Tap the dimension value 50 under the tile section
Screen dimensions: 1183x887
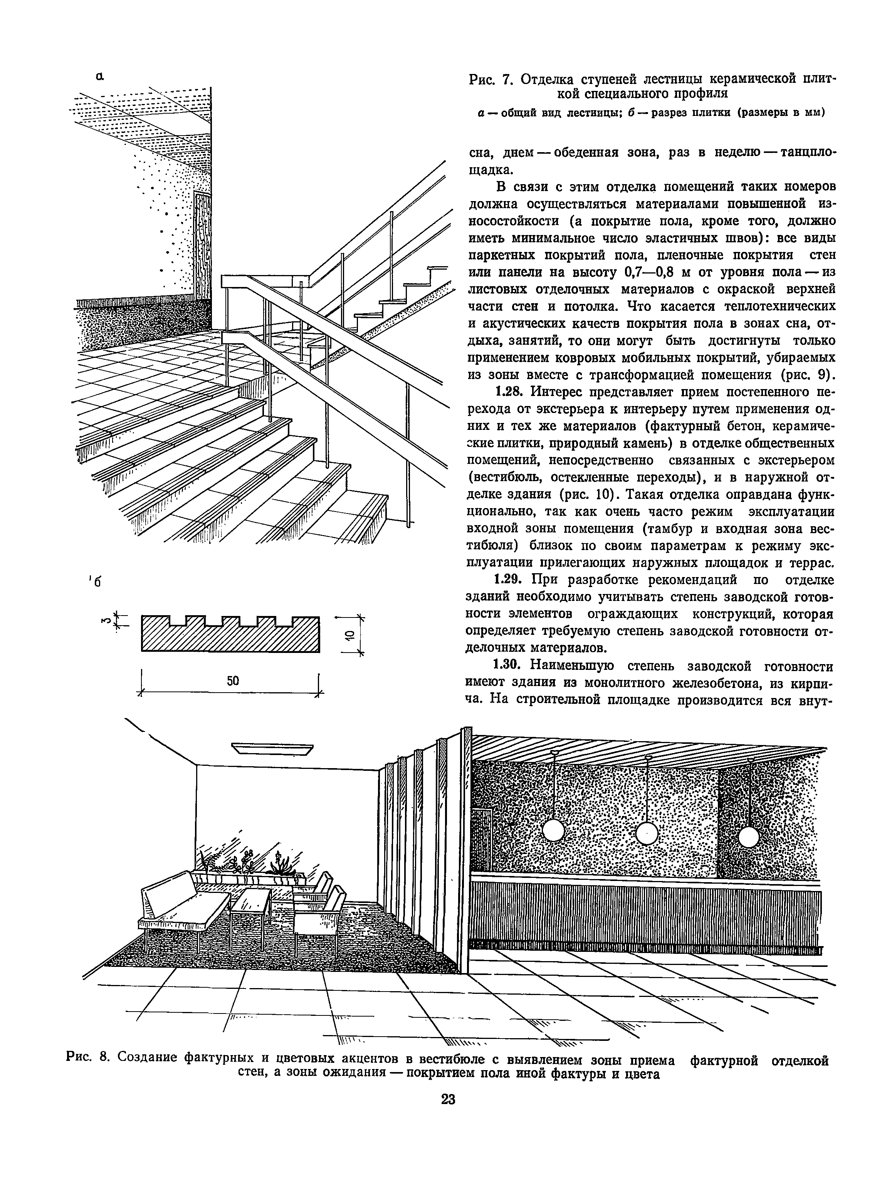click(x=232, y=681)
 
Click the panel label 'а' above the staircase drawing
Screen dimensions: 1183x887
click(x=99, y=77)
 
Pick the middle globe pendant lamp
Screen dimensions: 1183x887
click(x=647, y=833)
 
